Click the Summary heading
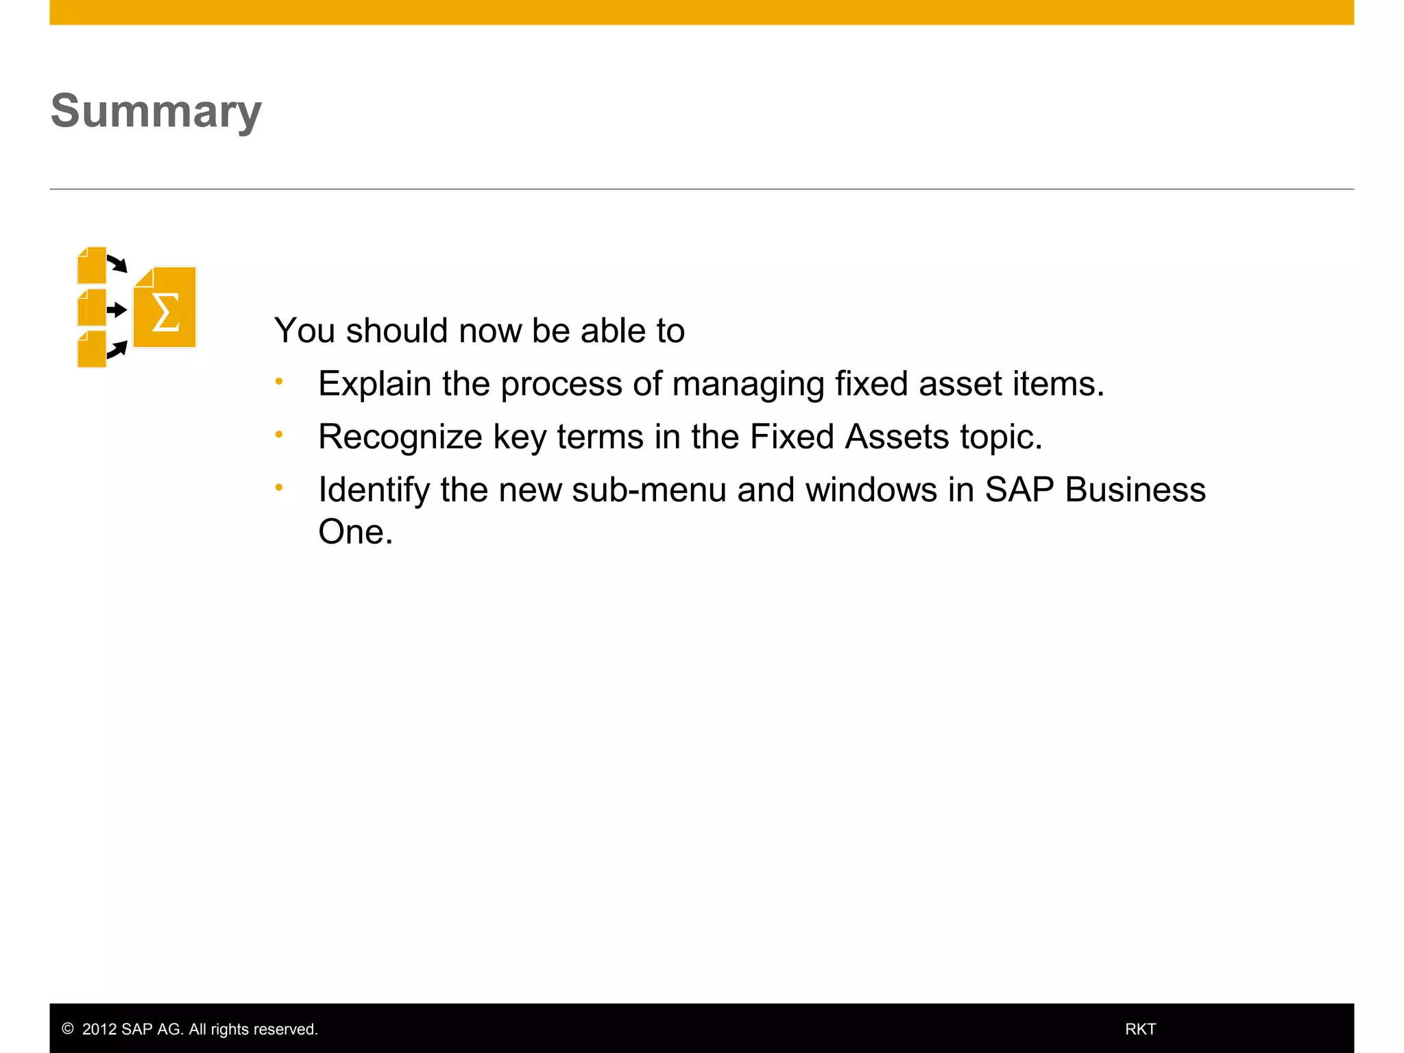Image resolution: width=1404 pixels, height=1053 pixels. point(156,111)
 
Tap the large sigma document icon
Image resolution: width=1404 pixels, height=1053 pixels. point(165,308)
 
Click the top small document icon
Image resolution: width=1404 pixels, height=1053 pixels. point(92,266)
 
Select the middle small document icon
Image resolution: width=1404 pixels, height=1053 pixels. point(92,308)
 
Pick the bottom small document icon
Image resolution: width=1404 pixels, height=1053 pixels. point(92,350)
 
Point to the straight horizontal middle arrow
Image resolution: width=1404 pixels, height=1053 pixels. point(117,309)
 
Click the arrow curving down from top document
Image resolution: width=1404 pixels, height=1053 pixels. point(118,264)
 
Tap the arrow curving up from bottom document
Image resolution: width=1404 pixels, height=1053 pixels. point(118,350)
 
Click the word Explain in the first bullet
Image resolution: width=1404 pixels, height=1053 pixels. point(374,384)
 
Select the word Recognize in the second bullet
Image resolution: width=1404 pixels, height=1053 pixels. point(400,437)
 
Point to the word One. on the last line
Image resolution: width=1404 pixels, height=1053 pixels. point(355,532)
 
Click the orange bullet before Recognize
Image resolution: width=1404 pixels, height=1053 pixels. point(279,435)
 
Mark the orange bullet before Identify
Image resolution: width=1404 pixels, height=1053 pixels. point(279,488)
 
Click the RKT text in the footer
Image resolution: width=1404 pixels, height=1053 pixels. point(1140,1029)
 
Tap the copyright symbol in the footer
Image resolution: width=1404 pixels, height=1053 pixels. point(68,1028)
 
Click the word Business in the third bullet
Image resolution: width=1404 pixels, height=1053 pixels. point(1135,490)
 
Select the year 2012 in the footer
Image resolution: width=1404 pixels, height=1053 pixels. point(99,1029)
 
